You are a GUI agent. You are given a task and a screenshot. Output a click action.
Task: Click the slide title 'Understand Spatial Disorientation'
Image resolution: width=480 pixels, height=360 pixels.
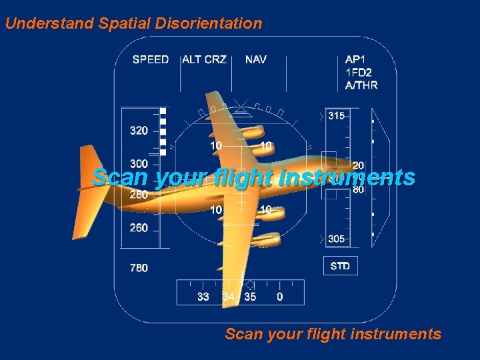(133, 23)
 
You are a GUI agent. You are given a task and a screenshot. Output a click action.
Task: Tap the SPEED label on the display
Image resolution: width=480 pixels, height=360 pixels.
(151, 59)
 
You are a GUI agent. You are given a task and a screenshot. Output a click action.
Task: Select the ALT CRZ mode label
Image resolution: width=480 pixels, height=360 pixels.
(204, 59)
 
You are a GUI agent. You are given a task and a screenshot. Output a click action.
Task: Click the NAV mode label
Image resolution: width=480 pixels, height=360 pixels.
(255, 59)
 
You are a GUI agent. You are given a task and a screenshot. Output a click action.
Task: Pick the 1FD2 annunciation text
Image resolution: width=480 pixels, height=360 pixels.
(359, 72)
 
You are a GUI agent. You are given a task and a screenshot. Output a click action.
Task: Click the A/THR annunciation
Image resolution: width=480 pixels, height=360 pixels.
(361, 85)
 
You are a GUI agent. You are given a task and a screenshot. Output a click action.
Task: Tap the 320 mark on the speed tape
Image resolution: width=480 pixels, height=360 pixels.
(139, 131)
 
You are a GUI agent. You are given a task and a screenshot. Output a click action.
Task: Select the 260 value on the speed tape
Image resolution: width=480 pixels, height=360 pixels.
(139, 228)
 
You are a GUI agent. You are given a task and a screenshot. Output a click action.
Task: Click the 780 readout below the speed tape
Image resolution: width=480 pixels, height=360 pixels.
(139, 268)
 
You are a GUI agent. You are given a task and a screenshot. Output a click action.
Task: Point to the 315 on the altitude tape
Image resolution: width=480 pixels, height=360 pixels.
(337, 115)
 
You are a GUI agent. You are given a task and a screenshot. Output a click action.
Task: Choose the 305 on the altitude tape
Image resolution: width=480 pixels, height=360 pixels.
(337, 239)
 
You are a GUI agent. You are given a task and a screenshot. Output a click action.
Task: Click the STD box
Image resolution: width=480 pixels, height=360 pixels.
(340, 266)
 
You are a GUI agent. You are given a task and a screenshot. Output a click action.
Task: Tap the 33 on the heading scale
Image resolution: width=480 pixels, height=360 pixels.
(203, 297)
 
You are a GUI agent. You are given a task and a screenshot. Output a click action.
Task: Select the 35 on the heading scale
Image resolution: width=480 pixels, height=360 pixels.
(250, 297)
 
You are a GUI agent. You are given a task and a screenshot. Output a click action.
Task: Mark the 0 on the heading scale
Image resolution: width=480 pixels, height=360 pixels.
(279, 297)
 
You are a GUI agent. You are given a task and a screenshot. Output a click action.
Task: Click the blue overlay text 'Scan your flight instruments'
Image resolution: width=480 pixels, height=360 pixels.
(253, 177)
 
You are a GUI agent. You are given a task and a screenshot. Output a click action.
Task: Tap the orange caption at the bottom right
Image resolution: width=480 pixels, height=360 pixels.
(333, 333)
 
